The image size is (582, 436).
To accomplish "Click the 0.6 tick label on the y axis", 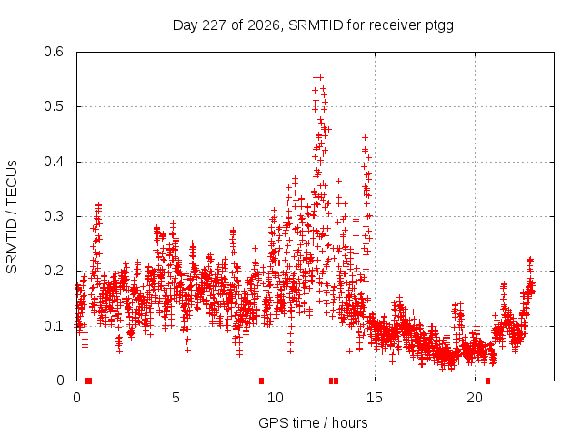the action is (54, 52).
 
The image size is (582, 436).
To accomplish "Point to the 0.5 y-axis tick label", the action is (54, 106).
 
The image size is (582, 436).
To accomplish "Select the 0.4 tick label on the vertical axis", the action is (54, 162).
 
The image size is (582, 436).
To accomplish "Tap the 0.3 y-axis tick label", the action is (54, 216).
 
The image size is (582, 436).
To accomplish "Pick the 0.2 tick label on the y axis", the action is (54, 271).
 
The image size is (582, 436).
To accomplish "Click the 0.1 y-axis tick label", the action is (54, 326).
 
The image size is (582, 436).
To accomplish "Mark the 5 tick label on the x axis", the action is (176, 398).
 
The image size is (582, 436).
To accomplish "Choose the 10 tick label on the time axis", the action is (276, 398).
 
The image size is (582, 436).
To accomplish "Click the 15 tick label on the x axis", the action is (375, 398).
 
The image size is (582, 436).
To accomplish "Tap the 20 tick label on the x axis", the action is (475, 398).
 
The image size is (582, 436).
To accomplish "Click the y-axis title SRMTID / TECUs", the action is (12, 217).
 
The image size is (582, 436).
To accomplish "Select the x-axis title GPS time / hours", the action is (313, 422).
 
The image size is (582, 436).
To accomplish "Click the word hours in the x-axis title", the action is (349, 422).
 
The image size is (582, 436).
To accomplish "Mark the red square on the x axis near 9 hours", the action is (261, 381).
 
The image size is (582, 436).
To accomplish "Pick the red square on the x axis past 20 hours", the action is (487, 381).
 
